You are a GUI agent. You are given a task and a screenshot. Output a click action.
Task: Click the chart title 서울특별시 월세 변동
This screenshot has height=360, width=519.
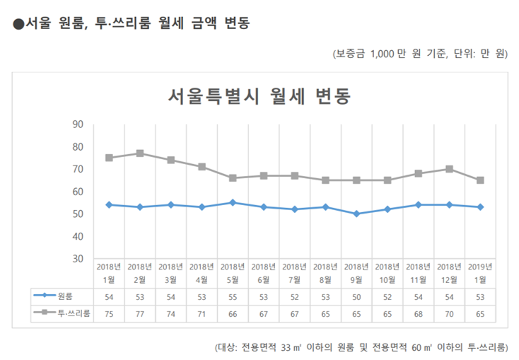click(x=259, y=95)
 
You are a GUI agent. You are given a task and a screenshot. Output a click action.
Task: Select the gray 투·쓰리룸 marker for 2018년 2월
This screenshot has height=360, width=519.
click(x=140, y=153)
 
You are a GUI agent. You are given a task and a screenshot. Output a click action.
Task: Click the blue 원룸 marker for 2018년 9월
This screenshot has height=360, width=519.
click(x=356, y=214)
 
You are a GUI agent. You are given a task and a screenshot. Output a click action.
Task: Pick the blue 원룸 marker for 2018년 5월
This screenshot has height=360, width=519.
click(x=233, y=202)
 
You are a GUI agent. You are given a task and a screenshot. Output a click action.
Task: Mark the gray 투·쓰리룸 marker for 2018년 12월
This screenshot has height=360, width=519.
click(x=449, y=169)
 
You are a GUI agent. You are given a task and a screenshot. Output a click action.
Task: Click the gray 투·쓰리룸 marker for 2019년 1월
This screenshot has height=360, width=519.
click(x=480, y=180)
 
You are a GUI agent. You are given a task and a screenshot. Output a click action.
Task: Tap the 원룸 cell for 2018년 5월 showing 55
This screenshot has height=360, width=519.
click(x=233, y=295)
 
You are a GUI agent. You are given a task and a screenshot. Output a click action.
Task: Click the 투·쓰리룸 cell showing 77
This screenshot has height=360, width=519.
click(x=140, y=312)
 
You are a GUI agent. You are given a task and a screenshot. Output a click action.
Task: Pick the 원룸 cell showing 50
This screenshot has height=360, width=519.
click(x=356, y=295)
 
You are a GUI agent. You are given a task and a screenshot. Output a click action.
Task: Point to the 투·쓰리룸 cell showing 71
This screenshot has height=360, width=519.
click(x=202, y=312)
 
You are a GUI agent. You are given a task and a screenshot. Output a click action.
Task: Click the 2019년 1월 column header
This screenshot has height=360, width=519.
click(x=480, y=272)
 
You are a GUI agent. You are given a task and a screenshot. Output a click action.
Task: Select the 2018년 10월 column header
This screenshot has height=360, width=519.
click(x=387, y=272)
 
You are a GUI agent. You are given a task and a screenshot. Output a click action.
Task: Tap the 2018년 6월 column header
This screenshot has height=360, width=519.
click(x=264, y=272)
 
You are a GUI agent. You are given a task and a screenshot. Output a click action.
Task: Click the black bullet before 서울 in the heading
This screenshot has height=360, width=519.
click(x=18, y=24)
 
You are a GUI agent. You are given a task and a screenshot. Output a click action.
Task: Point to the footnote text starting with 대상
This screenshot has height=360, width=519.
click(x=361, y=347)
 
